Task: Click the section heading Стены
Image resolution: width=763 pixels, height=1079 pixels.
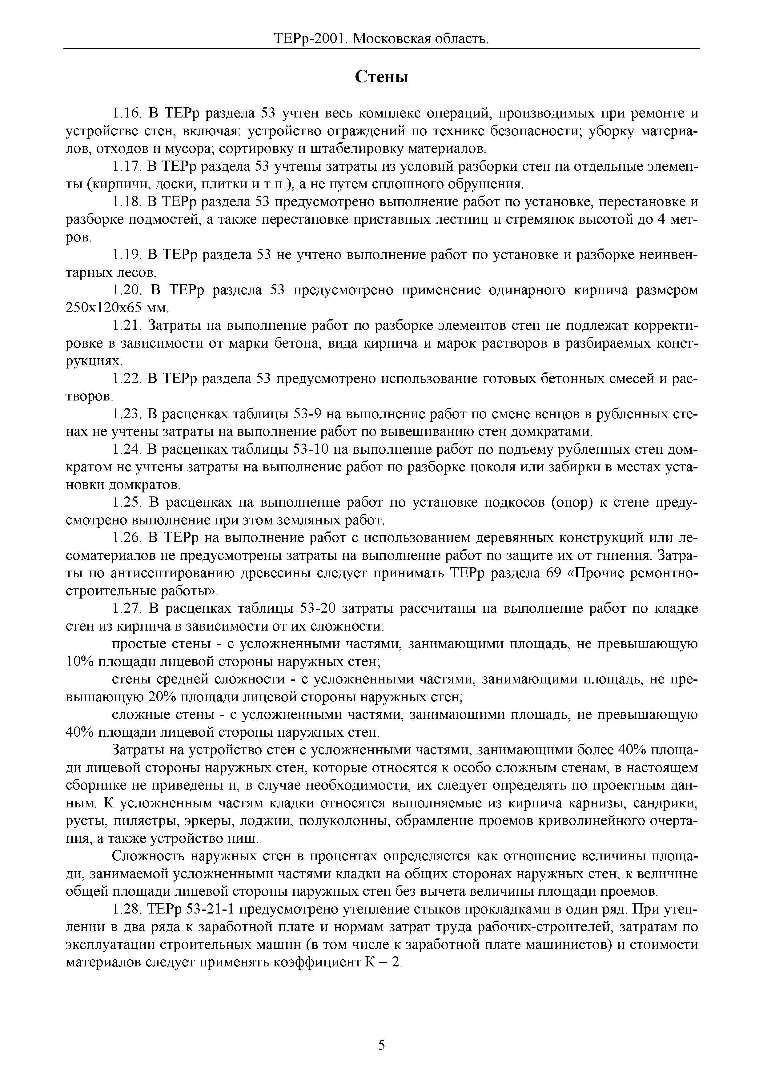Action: [x=381, y=76]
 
